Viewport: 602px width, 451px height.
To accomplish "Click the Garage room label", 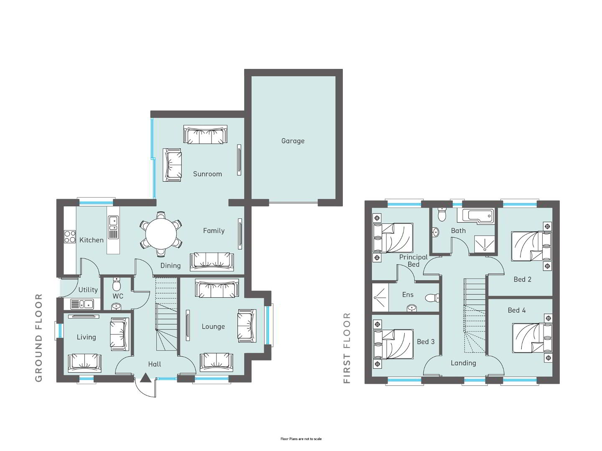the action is point(293,141).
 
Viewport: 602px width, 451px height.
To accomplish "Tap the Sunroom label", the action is point(207,174).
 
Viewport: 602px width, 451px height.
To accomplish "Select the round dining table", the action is point(161,234).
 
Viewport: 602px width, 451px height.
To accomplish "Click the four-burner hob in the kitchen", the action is point(70,237).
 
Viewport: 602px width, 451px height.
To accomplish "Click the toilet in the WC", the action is point(117,285).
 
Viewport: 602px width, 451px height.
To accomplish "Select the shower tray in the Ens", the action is point(380,297).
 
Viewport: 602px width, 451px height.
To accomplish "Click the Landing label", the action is point(463,363).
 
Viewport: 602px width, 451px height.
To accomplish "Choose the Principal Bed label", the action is point(413,261).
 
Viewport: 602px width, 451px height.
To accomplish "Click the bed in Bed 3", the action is point(393,344).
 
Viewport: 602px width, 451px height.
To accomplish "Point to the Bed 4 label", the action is point(516,310).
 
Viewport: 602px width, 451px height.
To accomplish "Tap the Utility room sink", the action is point(82,304).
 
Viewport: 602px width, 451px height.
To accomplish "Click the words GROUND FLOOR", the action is point(39,338).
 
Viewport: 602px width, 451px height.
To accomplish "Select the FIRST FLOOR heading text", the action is point(347,348).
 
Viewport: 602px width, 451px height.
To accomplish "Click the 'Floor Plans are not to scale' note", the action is point(301,439).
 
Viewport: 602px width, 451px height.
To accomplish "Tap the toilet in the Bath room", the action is point(442,214).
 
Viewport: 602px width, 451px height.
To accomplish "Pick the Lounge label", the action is point(213,327).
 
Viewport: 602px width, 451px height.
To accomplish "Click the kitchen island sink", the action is point(113,223).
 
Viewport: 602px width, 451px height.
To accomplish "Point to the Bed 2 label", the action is point(522,279).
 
